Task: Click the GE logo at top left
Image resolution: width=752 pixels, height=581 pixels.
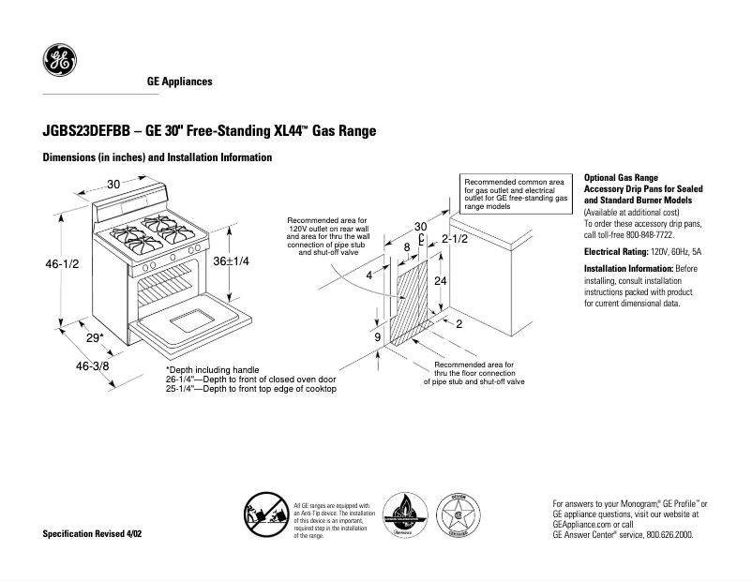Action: [x=59, y=62]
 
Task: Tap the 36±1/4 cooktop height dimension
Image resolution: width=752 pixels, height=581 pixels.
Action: [x=231, y=261]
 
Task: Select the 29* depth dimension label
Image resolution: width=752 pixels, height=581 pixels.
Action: [x=95, y=337]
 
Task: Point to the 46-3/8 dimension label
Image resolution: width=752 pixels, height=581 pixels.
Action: [x=93, y=365]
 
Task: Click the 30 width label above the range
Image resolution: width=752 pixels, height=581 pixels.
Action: [x=113, y=185]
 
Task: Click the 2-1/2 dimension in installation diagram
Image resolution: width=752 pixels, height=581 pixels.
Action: [x=455, y=239]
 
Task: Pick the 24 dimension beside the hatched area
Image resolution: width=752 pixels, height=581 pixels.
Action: [x=439, y=281]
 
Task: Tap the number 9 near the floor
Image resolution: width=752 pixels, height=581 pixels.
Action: [x=377, y=336]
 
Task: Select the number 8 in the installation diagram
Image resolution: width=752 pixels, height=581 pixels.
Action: [x=406, y=246]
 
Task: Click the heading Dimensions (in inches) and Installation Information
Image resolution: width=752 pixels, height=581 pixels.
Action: [x=158, y=157]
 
